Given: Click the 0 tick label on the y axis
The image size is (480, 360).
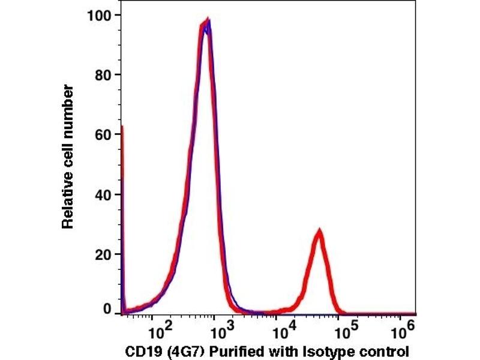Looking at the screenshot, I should tap(109, 309).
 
